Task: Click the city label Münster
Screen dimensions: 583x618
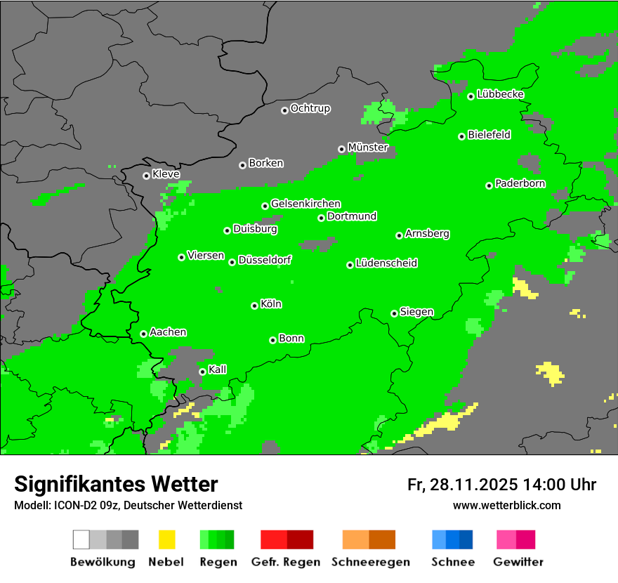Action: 367,148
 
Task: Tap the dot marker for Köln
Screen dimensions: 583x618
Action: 254,306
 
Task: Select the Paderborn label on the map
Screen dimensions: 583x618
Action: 520,184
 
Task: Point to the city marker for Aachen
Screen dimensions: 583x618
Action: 143,334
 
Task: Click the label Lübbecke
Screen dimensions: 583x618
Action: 500,95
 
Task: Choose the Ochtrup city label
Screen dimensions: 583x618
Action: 310,109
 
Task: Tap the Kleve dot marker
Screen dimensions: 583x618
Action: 146,176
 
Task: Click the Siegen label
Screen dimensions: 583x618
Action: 416,312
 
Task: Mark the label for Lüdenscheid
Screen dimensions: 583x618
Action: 386,263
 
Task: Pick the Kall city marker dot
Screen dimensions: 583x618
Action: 202,372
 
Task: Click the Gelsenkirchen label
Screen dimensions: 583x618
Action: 305,204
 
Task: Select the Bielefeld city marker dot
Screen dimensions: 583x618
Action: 462,136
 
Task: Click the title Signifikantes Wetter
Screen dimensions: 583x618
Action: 116,485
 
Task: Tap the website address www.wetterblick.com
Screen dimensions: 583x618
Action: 506,505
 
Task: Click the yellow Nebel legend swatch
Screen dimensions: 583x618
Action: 166,539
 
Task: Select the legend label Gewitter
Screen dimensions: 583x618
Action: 518,562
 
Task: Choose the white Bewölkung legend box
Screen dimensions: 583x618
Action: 81,539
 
